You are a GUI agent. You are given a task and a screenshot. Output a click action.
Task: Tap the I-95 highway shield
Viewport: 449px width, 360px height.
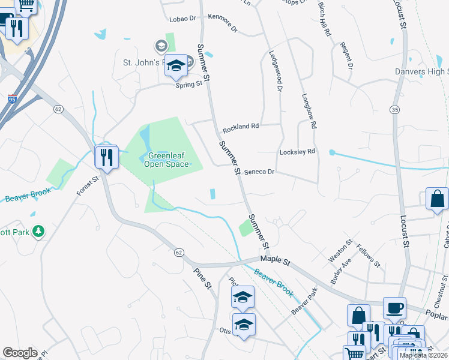click(x=13, y=100)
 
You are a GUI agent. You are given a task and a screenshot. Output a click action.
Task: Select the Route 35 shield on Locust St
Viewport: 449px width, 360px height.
click(x=394, y=110)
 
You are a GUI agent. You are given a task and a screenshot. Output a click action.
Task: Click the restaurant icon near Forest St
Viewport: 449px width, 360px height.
click(x=106, y=158)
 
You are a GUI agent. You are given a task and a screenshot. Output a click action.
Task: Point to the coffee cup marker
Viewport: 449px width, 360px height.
click(x=394, y=308)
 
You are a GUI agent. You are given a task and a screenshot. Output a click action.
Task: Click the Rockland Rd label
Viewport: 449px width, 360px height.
click(x=240, y=128)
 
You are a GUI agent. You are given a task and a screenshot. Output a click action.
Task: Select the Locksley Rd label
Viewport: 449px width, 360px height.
click(x=297, y=152)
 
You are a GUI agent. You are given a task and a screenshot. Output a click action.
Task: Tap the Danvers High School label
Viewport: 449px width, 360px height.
click(x=421, y=72)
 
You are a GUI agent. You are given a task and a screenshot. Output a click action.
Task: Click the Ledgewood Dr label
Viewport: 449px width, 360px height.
click(x=276, y=70)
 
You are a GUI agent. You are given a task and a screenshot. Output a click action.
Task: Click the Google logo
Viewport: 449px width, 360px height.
click(x=20, y=353)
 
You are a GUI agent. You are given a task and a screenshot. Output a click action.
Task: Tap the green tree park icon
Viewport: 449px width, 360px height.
click(x=38, y=231)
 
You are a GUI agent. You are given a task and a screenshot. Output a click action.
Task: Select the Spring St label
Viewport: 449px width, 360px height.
click(x=188, y=85)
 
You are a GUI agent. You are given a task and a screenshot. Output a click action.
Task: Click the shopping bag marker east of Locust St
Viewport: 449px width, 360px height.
click(x=438, y=199)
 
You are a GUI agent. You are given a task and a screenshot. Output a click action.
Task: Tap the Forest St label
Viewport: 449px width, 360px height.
click(x=87, y=187)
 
